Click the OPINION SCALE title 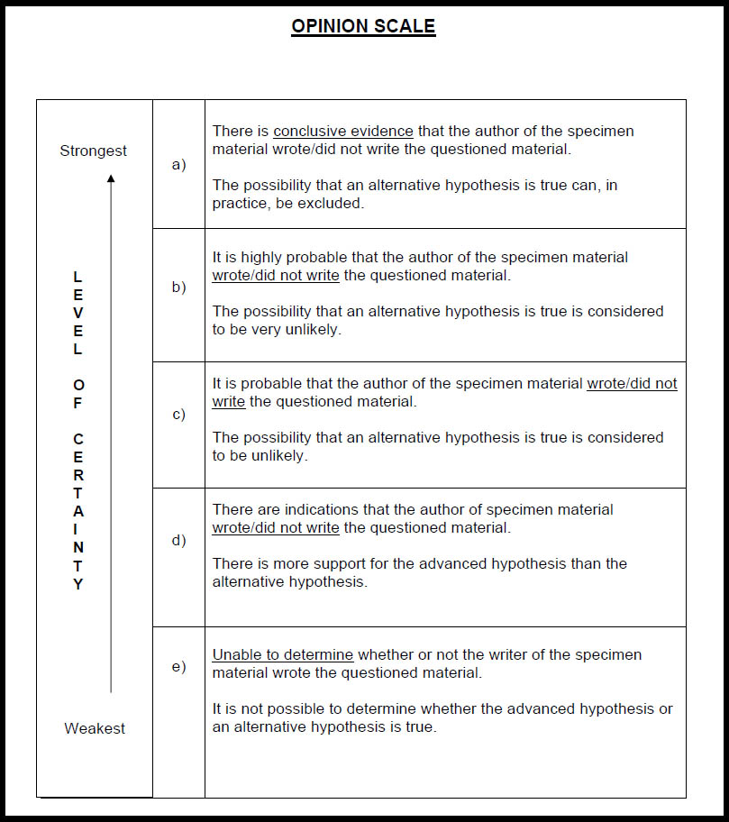[363, 26]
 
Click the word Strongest [94, 151]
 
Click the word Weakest [95, 728]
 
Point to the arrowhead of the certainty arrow [111, 178]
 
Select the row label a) [178, 164]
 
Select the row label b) [178, 288]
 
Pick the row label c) [178, 415]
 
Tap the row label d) [178, 541]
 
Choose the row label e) [178, 667]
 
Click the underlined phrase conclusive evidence [343, 132]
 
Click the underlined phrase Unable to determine [283, 655]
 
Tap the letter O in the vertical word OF [78, 385]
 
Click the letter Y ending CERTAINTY [78, 584]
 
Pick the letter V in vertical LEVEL [78, 312]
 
